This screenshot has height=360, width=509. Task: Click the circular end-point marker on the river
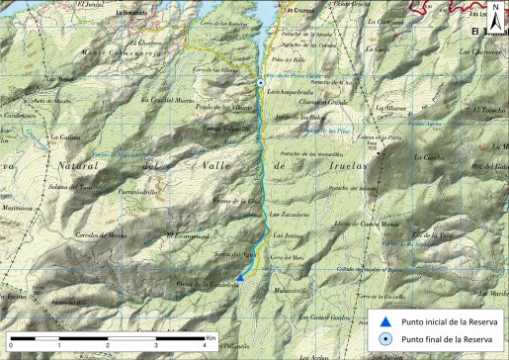pyautogui.click(x=261, y=82)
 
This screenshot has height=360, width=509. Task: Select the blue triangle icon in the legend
pyautogui.click(x=384, y=320)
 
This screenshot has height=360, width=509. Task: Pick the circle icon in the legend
pyautogui.click(x=384, y=339)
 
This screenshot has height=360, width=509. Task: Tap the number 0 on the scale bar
pyautogui.click(x=13, y=349)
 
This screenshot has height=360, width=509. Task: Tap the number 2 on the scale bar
pyautogui.click(x=109, y=349)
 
